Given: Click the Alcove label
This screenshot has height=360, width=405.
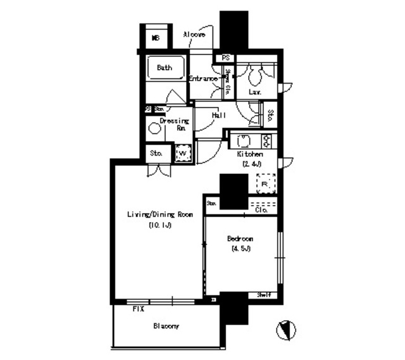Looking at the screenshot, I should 194,34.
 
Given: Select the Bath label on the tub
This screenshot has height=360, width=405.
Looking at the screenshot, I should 165,67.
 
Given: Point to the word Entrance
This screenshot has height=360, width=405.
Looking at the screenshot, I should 203,78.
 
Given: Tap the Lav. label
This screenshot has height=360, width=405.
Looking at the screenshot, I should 256,92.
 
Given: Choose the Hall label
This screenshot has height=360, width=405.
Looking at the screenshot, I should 220,115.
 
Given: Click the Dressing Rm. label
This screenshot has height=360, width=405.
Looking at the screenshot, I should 175,124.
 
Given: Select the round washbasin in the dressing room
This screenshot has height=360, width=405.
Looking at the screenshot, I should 155,128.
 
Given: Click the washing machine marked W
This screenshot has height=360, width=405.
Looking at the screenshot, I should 182,153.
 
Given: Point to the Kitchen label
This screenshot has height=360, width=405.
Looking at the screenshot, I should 250,154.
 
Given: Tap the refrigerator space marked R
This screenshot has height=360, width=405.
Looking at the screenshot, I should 265,183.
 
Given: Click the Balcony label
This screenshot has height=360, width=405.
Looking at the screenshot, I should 166,326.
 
